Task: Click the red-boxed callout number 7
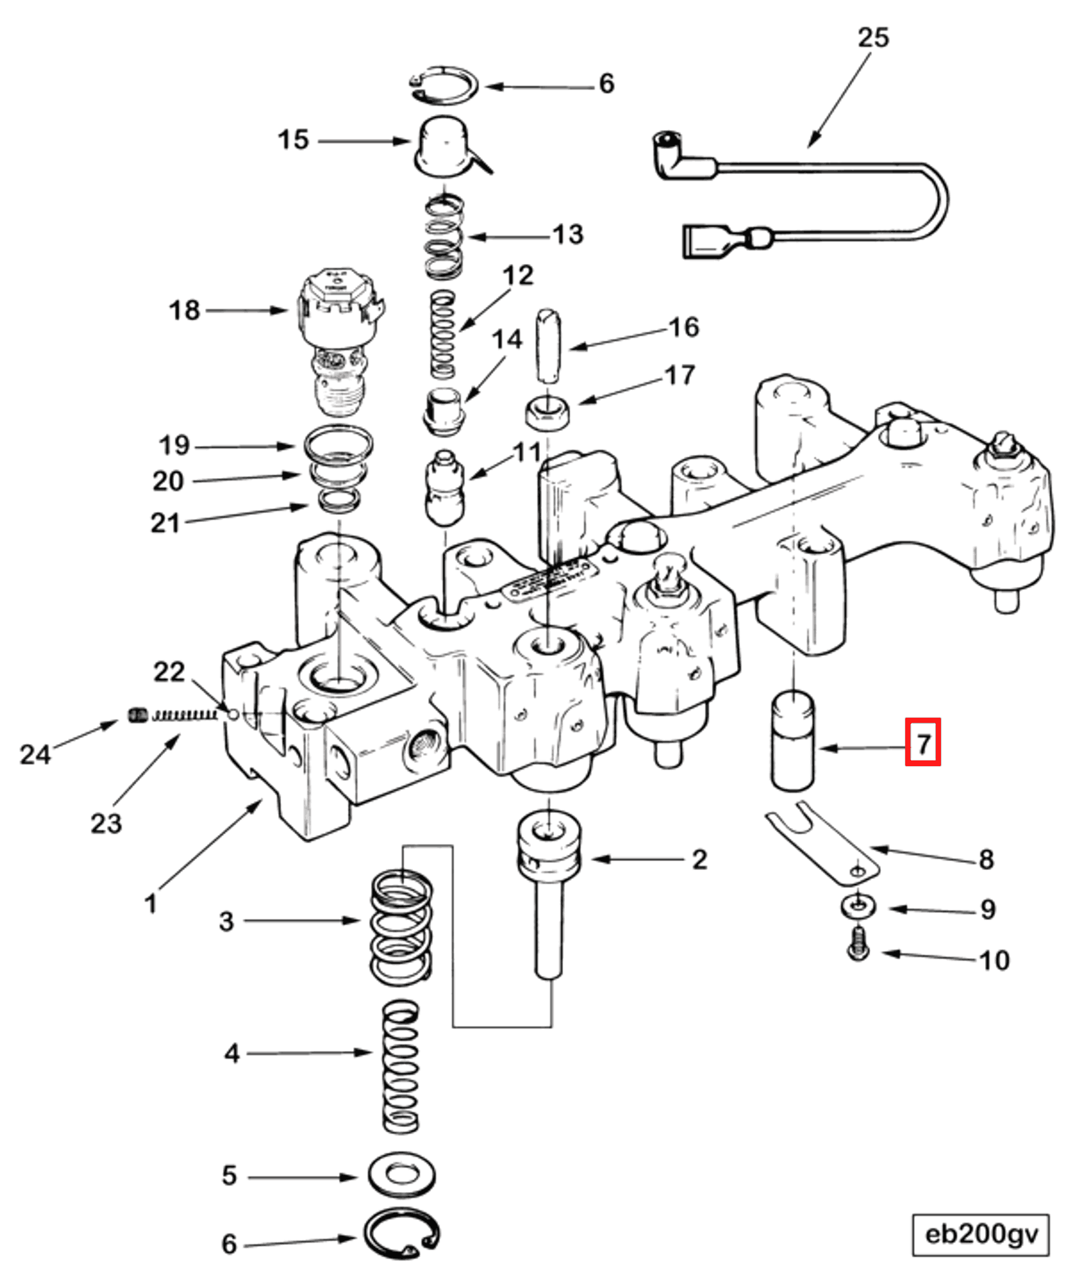tap(923, 741)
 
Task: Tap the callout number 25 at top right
tap(872, 38)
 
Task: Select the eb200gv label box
tap(980, 1235)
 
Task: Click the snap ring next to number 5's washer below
tap(401, 1233)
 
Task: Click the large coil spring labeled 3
tap(402, 927)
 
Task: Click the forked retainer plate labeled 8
tap(822, 845)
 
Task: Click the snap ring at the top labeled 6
tap(444, 85)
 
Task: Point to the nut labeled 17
tap(547, 414)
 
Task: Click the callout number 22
tap(168, 672)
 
